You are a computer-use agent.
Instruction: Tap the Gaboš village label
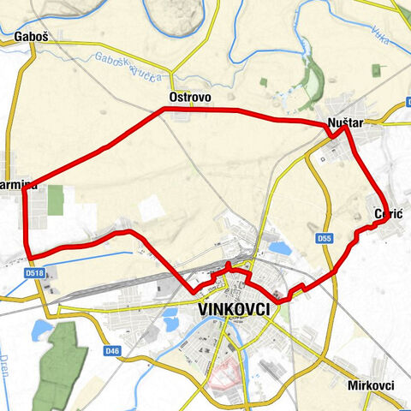click(31, 37)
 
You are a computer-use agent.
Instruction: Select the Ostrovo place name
click(190, 98)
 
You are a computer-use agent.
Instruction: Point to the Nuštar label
click(346, 124)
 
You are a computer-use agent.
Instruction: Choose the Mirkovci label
click(371, 385)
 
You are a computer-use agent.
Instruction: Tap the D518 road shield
click(34, 273)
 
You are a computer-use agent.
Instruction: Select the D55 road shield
click(322, 237)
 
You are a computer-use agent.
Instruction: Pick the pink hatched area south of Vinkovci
click(225, 372)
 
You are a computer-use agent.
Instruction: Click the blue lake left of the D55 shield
click(278, 248)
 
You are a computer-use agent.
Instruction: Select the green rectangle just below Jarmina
click(55, 200)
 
